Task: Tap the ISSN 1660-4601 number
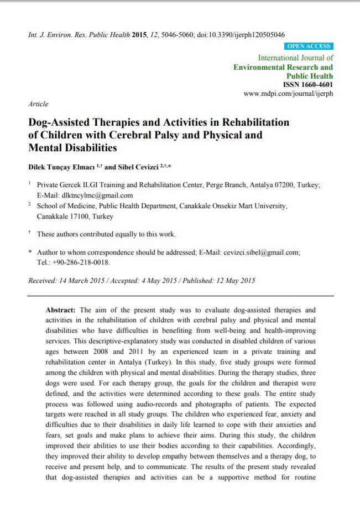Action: click(308, 85)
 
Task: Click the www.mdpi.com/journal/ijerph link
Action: click(288, 94)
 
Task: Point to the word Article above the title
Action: click(38, 104)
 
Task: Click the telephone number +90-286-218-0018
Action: click(82, 262)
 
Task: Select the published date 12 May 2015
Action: click(231, 281)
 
